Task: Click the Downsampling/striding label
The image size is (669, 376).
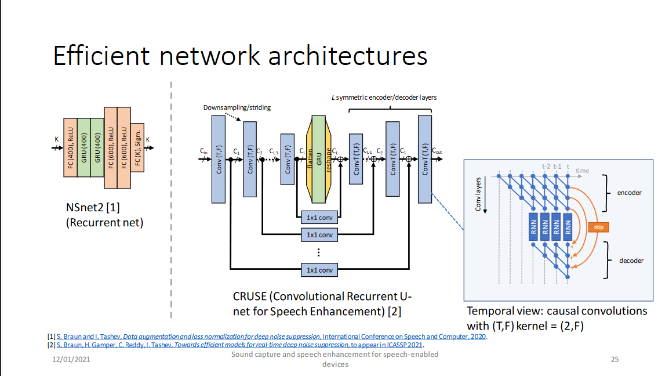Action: click(x=237, y=107)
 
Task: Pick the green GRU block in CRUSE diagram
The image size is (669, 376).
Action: click(x=318, y=159)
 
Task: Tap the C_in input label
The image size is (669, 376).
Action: click(x=204, y=152)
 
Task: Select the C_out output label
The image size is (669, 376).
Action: click(x=437, y=152)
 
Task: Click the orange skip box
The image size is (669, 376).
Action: click(x=598, y=227)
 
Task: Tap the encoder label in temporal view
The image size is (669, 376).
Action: click(x=630, y=193)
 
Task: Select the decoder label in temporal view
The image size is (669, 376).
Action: click(x=631, y=261)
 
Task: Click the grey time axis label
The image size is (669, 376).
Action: click(x=582, y=171)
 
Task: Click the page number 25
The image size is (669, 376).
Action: click(x=615, y=359)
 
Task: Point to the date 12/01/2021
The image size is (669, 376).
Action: click(x=71, y=360)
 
